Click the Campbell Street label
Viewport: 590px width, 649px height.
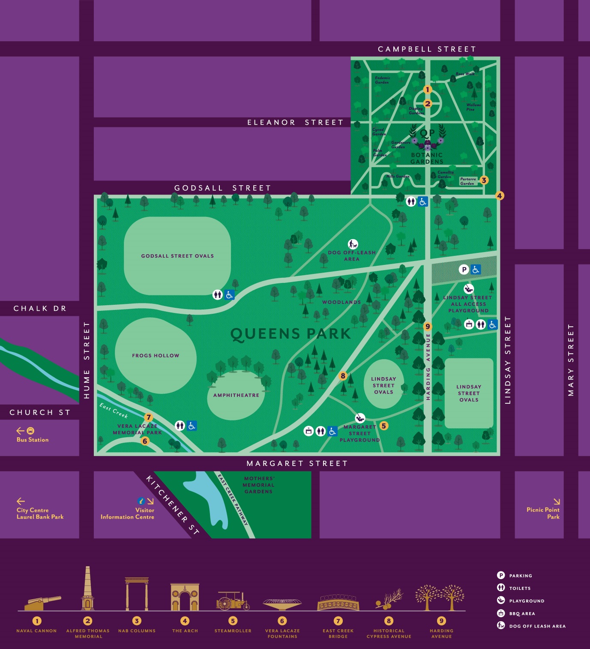[427, 49]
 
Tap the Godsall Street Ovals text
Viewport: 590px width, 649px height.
[177, 256]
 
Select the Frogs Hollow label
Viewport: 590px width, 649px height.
[156, 355]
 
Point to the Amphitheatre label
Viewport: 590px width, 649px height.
[236, 395]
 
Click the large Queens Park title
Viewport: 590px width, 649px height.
[291, 334]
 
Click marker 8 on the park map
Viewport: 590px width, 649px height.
[343, 376]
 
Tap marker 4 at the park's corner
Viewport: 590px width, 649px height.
[499, 195]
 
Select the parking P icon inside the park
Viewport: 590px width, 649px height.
[464, 269]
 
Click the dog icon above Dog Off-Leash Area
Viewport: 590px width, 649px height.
[353, 244]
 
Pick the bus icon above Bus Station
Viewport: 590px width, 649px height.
[30, 431]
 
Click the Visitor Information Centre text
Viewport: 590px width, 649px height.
[128, 514]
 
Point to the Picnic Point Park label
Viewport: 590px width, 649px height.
[543, 513]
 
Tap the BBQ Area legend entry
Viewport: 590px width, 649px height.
[521, 613]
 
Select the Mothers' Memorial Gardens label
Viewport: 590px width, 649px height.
[259, 485]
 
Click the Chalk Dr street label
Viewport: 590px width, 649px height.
[40, 309]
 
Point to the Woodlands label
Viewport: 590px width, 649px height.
[341, 302]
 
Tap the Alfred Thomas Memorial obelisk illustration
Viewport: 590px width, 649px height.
[88, 589]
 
